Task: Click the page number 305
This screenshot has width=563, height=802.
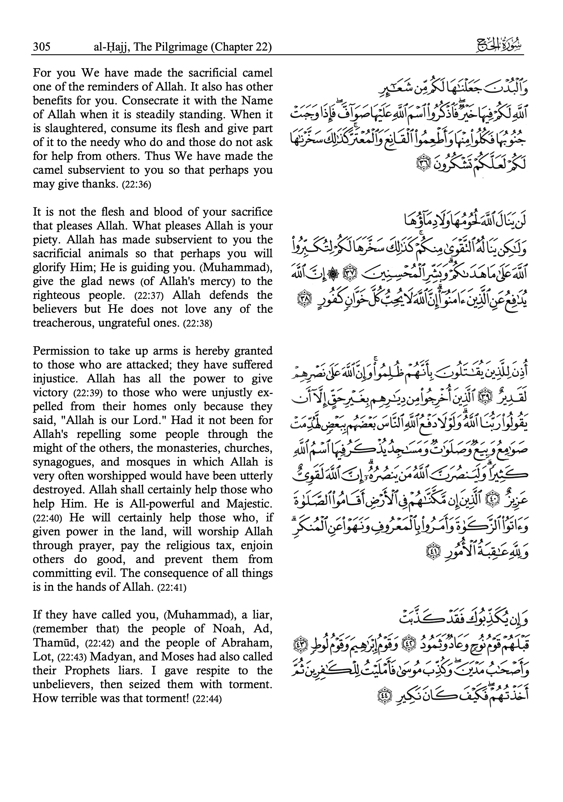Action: [42, 47]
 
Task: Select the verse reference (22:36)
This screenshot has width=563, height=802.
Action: [136, 184]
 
